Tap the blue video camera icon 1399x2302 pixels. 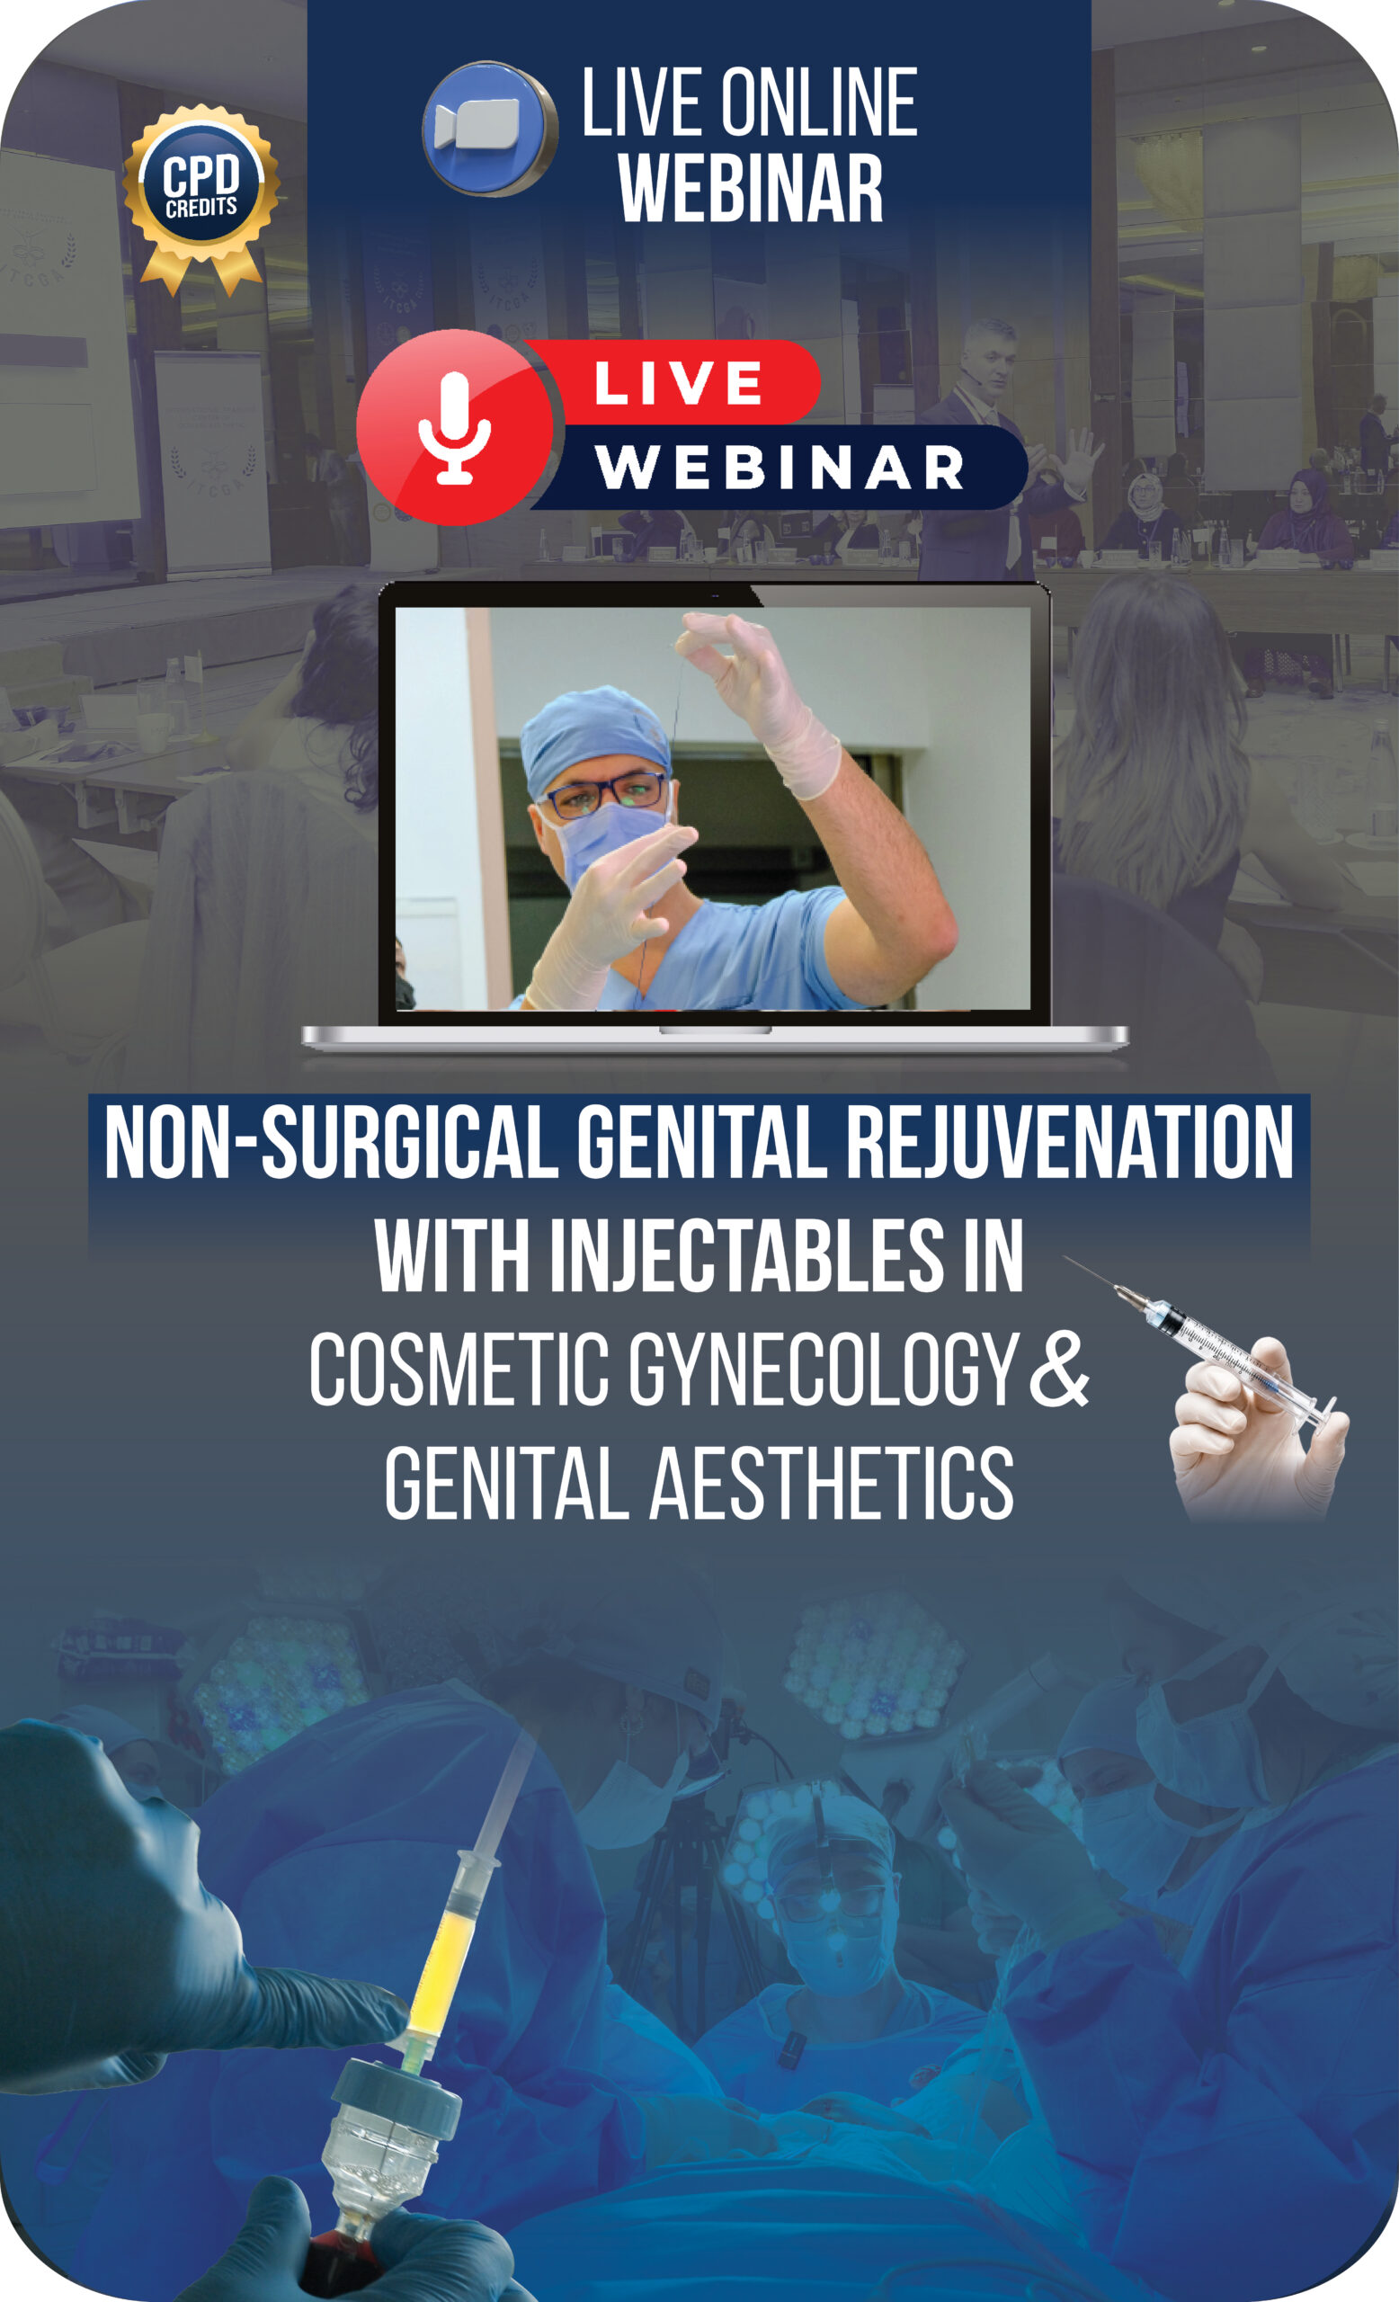(489, 128)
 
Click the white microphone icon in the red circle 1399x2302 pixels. (455, 428)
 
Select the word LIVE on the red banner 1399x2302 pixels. (678, 383)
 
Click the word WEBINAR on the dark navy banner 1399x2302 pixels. (780, 466)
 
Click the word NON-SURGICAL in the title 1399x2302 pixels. (332, 1142)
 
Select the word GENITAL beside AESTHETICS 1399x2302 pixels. (506, 1483)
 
